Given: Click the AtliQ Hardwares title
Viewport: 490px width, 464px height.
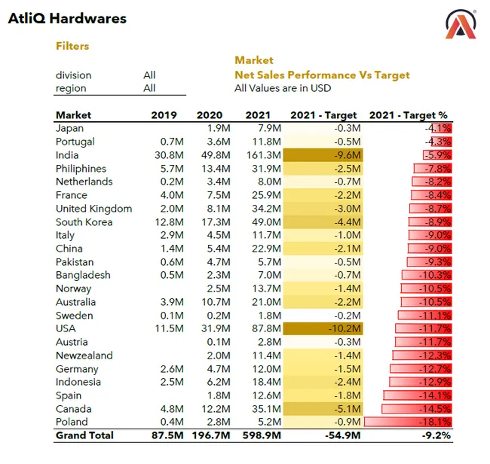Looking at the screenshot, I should [x=67, y=19].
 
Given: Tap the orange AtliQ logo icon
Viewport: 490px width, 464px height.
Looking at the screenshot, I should [x=461, y=24].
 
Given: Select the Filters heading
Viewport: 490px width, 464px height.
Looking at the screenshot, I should [x=72, y=46].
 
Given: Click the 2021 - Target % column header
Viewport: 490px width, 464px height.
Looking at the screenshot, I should [x=410, y=115].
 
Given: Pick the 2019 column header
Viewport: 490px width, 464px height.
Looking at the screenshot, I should [x=164, y=115].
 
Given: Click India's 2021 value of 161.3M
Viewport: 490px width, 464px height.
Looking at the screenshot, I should [x=264, y=155].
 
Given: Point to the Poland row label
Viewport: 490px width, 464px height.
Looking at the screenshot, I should [x=72, y=422].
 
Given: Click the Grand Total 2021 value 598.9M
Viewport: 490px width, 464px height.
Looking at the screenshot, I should [x=262, y=435].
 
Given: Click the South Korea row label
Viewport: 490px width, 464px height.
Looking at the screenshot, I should [x=84, y=222].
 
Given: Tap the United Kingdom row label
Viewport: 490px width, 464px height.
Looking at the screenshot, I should [x=93, y=209].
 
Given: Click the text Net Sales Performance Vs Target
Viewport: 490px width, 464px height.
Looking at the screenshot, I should [x=322, y=75].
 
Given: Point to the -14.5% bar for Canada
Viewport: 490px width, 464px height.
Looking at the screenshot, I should [x=417, y=409].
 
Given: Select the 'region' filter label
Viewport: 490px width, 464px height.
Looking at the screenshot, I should [x=71, y=88].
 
